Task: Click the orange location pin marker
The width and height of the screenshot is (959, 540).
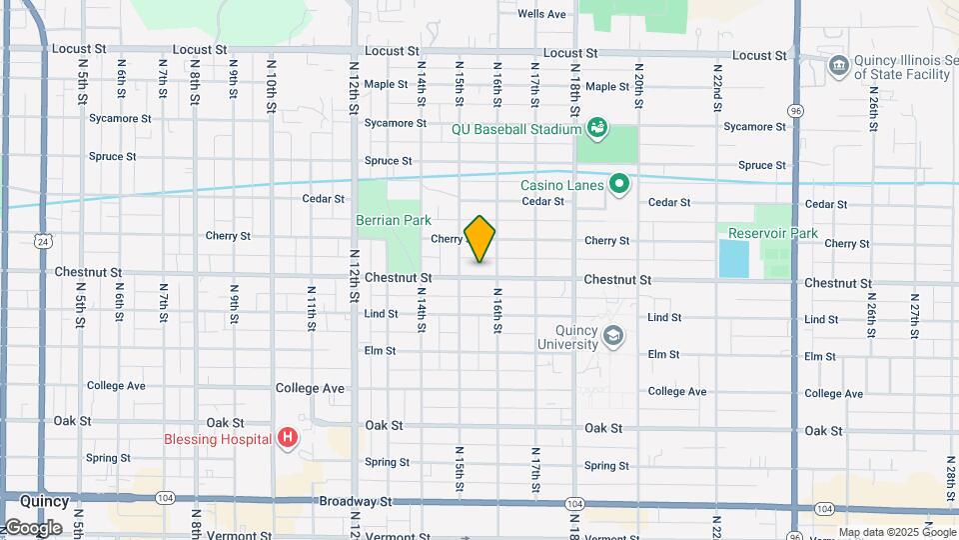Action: [x=480, y=238]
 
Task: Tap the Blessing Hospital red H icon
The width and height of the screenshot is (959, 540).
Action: [x=288, y=437]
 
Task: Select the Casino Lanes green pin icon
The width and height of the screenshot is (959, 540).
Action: [x=619, y=184]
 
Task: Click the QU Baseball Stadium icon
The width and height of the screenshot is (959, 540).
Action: [x=597, y=127]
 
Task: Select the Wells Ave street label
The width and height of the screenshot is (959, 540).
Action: [x=542, y=14]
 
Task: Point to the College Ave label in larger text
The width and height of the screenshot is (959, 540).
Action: [x=312, y=388]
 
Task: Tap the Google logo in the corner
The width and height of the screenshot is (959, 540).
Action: [x=32, y=527]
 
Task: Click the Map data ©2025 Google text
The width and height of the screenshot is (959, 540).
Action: [x=896, y=532]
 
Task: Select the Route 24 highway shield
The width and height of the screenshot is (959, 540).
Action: [x=41, y=241]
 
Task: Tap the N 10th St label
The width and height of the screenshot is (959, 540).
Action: [x=271, y=84]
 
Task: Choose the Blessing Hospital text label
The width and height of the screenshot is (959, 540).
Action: [x=218, y=439]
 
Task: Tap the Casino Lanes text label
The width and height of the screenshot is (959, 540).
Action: [x=562, y=185]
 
